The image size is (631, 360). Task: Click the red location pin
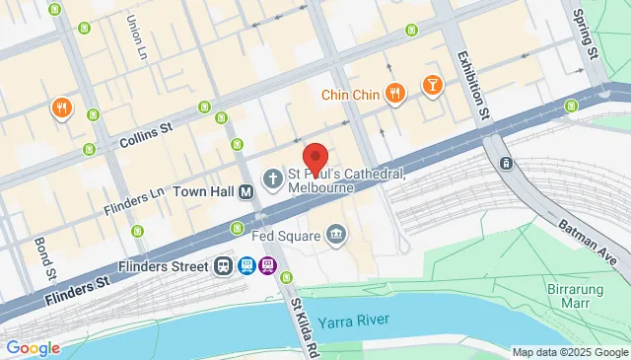[315, 159]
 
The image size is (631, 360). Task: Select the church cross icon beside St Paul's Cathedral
[271, 179]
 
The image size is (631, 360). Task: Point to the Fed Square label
[289, 236]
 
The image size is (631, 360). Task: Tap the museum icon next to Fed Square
[336, 234]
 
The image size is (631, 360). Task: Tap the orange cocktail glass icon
[432, 89]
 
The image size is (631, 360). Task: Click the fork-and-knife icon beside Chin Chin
[394, 94]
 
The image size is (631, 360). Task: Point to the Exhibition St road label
[471, 85]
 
